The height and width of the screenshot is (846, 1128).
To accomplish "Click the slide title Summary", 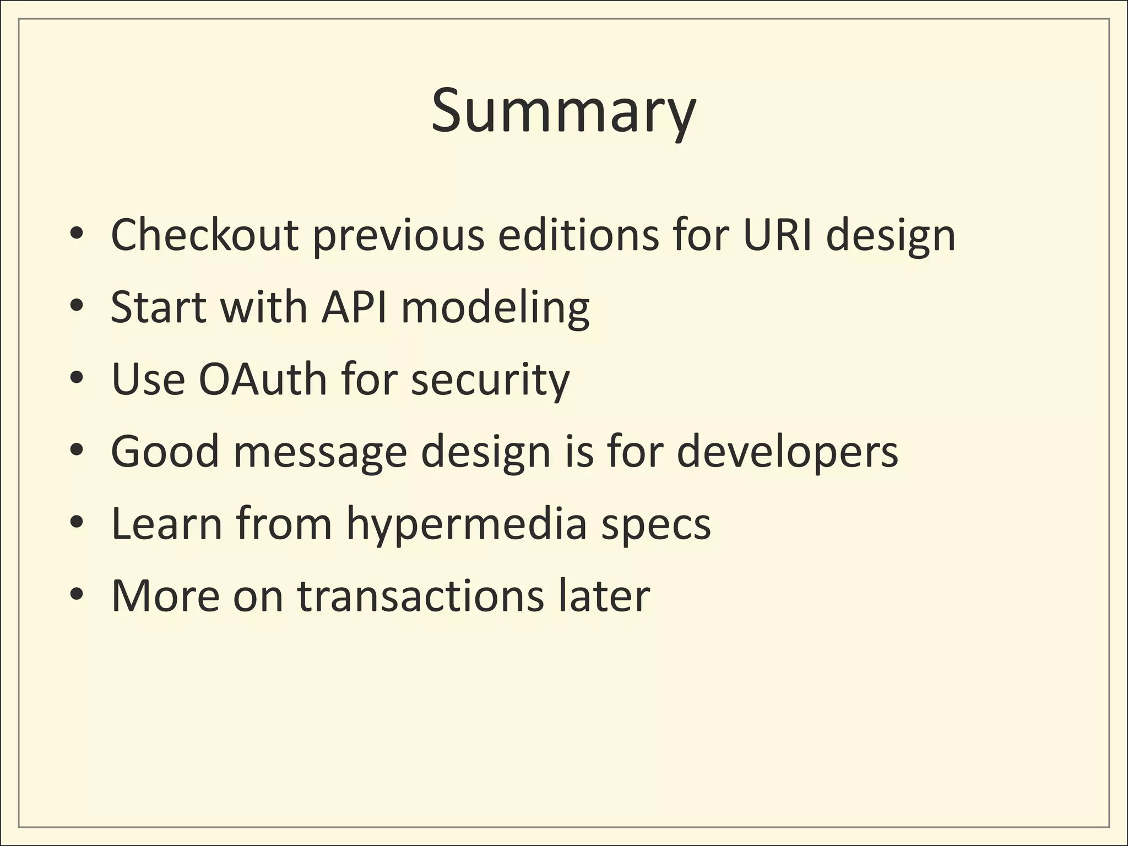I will coord(563,112).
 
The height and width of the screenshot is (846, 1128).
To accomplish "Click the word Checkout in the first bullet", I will coord(204,235).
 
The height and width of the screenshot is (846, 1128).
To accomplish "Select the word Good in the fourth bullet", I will coord(165,451).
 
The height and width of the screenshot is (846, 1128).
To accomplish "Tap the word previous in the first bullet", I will coord(399,236).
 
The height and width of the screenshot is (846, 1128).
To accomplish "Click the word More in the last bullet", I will coord(165,596).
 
